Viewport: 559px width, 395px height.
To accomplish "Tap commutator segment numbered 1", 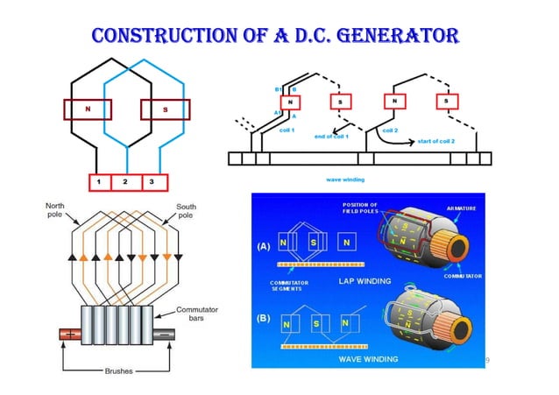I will pos(102,182).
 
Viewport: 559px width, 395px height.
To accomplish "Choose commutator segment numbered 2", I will pos(126,182).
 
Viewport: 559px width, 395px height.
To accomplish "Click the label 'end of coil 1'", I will pos(333,137).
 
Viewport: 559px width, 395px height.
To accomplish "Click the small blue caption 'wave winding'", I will pos(344,179).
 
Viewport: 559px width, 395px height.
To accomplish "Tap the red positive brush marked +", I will pos(66,333).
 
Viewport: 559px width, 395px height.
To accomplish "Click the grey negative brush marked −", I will pos(166,333).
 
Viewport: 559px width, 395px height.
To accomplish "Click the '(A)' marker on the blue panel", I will pos(263,246).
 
